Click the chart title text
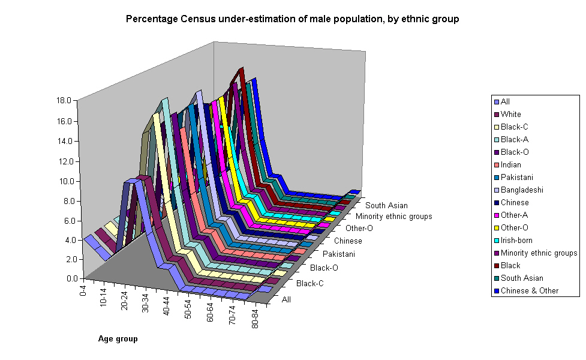[x=292, y=19]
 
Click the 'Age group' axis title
[x=118, y=339]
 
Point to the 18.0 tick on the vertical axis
[x=63, y=100]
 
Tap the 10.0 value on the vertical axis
[x=63, y=181]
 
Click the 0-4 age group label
[x=83, y=292]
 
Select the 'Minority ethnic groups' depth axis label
[x=393, y=217]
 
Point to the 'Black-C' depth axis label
[x=310, y=283]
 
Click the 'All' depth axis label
[x=286, y=299]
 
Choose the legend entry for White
[x=510, y=115]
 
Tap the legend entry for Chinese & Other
[x=529, y=291]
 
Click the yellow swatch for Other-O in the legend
[x=496, y=228]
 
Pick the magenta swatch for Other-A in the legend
[x=496, y=215]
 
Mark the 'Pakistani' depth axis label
[x=338, y=254]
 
